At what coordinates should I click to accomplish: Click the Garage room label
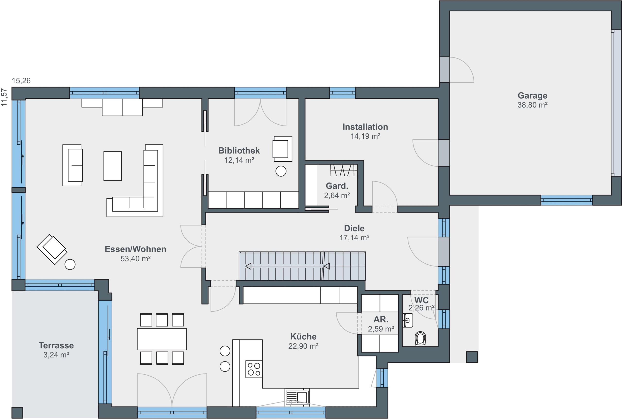coord(532,95)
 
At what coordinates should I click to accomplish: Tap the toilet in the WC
coord(420,339)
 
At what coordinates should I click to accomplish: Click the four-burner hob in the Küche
coord(254,369)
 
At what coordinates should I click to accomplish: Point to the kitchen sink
coord(297,397)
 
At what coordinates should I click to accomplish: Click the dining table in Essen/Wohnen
coord(162,339)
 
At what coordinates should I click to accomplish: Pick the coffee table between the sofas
coord(113,166)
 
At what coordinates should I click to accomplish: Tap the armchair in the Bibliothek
coord(282,148)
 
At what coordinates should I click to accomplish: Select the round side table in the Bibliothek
coord(281,171)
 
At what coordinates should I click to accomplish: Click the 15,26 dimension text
coord(21,81)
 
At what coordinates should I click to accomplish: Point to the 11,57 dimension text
coord(4,97)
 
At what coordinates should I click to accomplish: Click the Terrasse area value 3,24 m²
coord(56,355)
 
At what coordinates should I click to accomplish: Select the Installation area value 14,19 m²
coord(365,136)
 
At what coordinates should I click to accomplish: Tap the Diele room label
coord(354,228)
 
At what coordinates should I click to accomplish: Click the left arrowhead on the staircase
coord(248,266)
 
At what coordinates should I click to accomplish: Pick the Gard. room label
coord(337,186)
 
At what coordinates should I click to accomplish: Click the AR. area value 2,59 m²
coord(381,329)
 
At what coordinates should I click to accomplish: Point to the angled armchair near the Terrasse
coord(52,249)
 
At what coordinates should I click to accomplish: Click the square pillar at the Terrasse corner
coord(17,413)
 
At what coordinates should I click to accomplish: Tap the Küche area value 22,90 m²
coord(303,346)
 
